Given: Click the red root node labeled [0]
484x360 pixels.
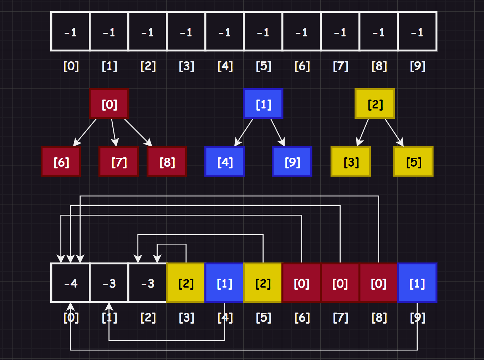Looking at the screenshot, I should (x=109, y=104).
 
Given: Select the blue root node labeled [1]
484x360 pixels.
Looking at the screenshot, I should (x=263, y=104).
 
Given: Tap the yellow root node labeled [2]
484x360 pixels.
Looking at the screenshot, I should (x=375, y=104).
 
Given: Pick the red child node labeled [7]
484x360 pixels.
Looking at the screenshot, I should (x=118, y=162).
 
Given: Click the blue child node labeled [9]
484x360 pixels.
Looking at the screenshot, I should (x=292, y=162).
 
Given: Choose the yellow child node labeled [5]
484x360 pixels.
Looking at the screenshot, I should (x=413, y=162).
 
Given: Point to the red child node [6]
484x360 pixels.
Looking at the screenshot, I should (x=61, y=162).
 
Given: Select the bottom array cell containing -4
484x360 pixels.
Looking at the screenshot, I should (x=71, y=283).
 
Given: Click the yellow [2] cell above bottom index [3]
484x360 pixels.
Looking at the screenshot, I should (x=185, y=283).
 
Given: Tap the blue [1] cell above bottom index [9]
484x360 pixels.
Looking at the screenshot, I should (x=417, y=283).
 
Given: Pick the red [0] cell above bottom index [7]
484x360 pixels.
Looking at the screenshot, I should (x=340, y=283).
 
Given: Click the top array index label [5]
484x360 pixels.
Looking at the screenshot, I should (x=264, y=66).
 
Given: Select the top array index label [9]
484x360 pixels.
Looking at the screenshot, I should (x=418, y=66).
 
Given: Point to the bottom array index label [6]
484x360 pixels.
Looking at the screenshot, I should (x=302, y=317).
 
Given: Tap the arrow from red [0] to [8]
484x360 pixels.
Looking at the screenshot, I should (x=138, y=132).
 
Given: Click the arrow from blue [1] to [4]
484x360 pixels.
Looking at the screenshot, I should (x=244, y=132).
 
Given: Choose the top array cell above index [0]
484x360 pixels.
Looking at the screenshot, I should (x=71, y=32).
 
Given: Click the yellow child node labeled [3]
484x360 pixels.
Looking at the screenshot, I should (x=351, y=162).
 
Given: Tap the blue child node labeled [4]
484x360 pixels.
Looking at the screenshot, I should (x=225, y=162).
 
